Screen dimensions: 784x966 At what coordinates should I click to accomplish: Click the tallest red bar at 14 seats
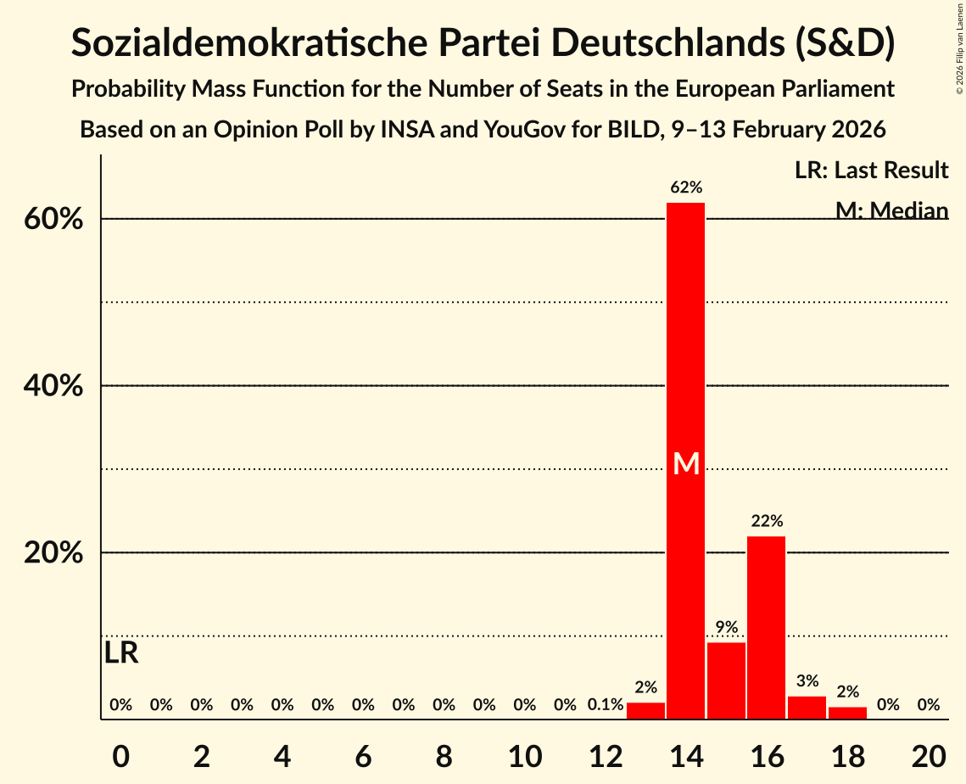point(685,356)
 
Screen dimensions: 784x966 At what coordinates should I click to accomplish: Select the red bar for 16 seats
point(766,628)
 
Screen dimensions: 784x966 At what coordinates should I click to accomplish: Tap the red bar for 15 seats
point(726,680)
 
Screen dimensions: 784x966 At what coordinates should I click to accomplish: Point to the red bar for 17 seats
point(807,708)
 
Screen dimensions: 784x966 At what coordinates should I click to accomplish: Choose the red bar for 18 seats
point(847,713)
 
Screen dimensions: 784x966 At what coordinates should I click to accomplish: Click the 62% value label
point(685,188)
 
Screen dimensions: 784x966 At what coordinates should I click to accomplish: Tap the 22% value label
point(766,521)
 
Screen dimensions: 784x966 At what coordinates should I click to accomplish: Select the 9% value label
point(726,627)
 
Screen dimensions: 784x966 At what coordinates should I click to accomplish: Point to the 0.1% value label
point(606,704)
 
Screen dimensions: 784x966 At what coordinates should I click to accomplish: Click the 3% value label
point(807,680)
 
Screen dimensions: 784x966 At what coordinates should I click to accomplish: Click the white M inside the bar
point(685,463)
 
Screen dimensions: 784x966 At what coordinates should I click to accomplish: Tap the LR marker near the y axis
point(121,653)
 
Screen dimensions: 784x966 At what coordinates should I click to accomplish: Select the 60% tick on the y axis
point(53,220)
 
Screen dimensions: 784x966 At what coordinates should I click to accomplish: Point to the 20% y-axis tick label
point(53,553)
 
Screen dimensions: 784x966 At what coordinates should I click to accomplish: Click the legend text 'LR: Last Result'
point(871,171)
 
